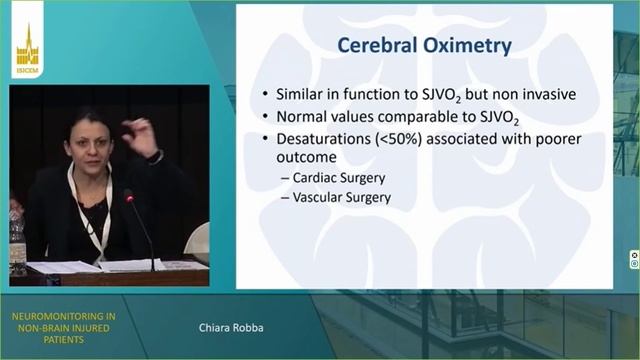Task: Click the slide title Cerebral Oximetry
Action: (425, 46)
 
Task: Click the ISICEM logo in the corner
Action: (27, 52)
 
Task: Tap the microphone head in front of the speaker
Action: (128, 197)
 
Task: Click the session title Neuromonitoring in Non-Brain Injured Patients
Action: (61, 325)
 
